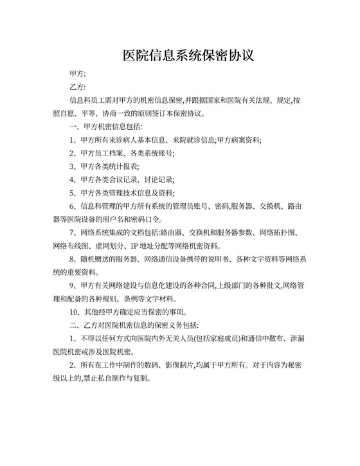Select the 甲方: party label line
tap(78, 75)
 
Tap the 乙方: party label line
tap(78, 88)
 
